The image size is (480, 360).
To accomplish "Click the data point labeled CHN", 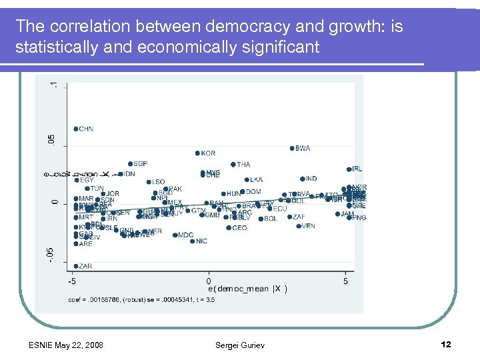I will (76, 129).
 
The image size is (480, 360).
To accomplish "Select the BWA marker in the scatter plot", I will (292, 148).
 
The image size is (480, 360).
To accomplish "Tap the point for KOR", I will (197, 153).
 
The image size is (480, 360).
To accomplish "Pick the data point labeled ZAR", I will (76, 266).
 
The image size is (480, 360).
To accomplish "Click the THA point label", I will (243, 165).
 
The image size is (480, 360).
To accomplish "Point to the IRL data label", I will (357, 169).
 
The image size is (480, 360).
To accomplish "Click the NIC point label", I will (201, 241).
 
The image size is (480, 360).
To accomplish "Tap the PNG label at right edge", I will (359, 218).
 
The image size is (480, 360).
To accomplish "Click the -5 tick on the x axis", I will (72, 281).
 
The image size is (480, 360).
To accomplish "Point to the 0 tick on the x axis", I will (209, 281).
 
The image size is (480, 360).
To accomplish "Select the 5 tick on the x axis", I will (345, 281).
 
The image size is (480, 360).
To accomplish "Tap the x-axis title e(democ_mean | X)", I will (247, 289).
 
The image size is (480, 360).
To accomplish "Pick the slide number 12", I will (446, 344).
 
